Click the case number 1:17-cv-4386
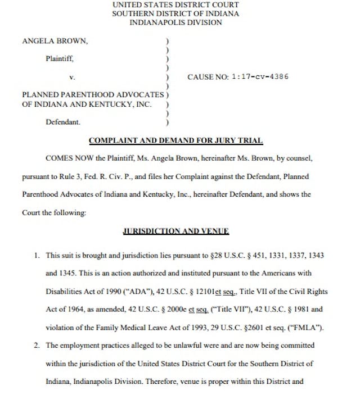coord(260,76)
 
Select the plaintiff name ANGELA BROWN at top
coord(55,41)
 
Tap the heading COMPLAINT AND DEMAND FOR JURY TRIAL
coord(175,140)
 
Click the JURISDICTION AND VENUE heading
coord(175,231)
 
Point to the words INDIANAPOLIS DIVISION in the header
coord(175,22)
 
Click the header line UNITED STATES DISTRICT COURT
coord(175,4)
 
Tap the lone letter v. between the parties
coord(71,76)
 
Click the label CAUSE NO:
coord(207,76)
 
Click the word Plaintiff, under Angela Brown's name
coord(59,58)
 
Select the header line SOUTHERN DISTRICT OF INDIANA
coord(175,13)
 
